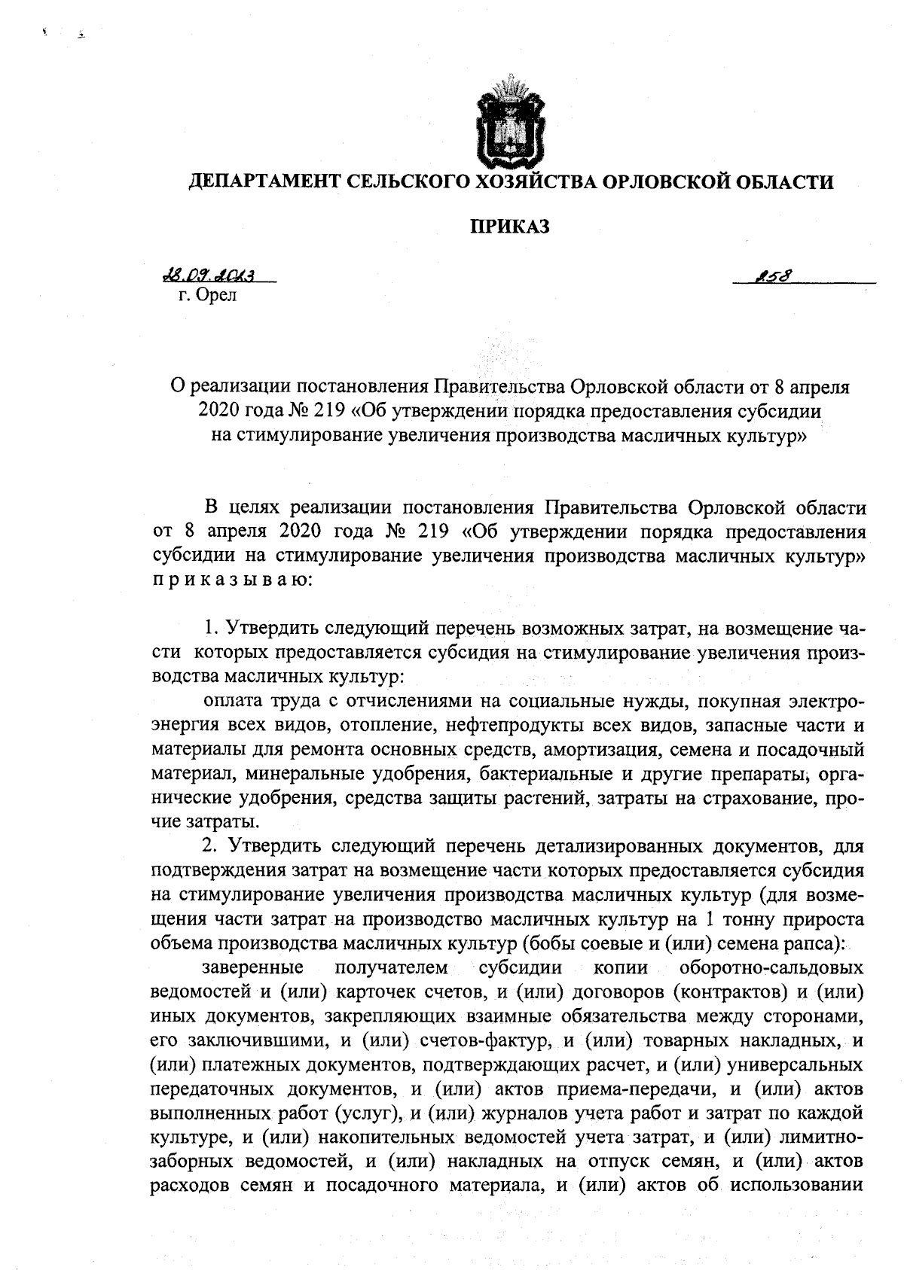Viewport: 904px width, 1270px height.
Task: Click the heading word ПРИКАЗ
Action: pos(510,227)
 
